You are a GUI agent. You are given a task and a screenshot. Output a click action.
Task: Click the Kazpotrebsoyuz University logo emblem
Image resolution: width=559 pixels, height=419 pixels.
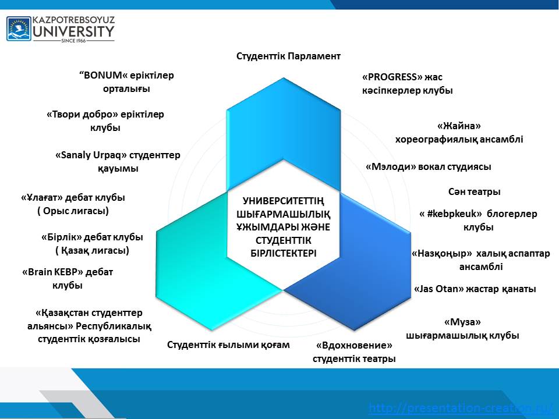pos(19,29)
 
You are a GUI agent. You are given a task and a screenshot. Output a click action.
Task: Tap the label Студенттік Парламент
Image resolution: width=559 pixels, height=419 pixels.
pos(288,56)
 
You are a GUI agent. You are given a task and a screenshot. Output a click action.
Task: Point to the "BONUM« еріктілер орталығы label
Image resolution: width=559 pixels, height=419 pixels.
pos(126,82)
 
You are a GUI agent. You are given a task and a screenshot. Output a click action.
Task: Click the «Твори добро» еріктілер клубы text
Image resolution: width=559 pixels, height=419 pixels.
pos(105,121)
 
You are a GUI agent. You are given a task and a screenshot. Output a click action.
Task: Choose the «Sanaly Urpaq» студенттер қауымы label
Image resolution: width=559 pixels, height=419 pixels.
pos(118,162)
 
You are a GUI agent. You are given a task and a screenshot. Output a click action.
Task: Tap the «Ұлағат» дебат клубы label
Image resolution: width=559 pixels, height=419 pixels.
pos(73,204)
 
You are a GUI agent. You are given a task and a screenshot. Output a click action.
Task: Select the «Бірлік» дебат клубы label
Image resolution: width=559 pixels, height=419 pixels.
pos(92,244)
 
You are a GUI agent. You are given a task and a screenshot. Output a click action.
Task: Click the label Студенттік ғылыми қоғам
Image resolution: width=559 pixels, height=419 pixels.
pos(228,345)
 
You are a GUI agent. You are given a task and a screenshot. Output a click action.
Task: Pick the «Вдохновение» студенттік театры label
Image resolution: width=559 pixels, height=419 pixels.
pos(354,352)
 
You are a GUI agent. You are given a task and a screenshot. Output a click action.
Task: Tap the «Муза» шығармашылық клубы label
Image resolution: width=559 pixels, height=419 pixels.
pos(462,329)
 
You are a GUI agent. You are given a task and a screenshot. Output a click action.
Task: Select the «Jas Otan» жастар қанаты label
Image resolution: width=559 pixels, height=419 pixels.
pos(474,289)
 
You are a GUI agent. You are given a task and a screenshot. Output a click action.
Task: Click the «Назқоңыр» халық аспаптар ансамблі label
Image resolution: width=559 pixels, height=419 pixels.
pos(480,260)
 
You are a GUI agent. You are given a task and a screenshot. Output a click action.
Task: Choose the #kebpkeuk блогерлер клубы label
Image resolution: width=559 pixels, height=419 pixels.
pos(478,220)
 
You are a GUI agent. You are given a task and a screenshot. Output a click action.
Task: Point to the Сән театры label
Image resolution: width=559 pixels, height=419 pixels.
pos(475,191)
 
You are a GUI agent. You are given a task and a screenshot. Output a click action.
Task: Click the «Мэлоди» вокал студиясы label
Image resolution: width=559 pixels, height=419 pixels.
pos(428,167)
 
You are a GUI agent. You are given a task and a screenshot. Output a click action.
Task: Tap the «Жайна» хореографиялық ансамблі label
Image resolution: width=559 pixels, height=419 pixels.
pos(459,132)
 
